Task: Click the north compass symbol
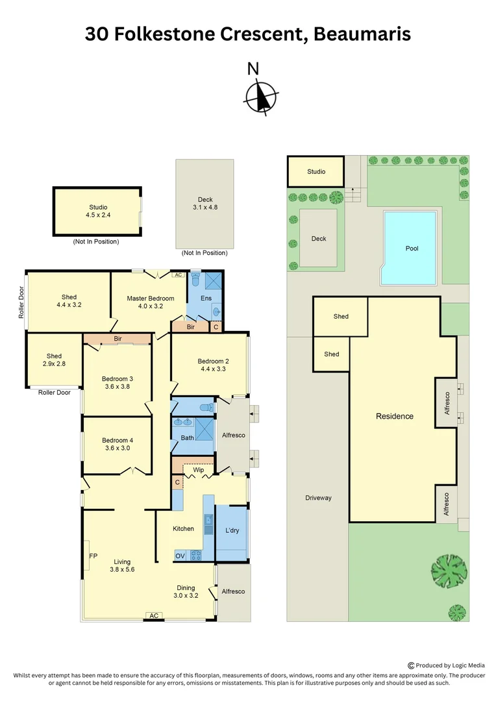tap(262, 97)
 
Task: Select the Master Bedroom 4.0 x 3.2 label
tap(150, 302)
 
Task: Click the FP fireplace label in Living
tap(93, 556)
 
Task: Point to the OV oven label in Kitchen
tap(180, 556)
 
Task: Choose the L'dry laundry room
tap(232, 530)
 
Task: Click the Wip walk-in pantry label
tap(198, 469)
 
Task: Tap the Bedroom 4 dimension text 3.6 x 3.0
tap(118, 448)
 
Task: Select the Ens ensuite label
tap(206, 298)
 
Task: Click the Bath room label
tap(187, 437)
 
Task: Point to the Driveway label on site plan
tap(318, 498)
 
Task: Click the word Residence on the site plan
tap(395, 416)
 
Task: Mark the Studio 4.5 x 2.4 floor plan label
tap(98, 211)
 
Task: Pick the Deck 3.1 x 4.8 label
tap(205, 204)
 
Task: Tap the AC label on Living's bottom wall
tap(154, 615)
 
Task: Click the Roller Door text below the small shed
tap(55, 392)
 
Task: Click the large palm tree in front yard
tap(449, 571)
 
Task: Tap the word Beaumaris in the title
tap(362, 34)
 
